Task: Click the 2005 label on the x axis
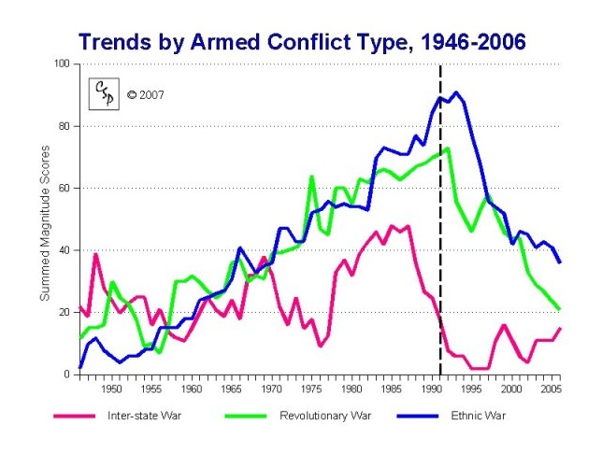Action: [551, 387]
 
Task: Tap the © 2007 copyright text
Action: [145, 94]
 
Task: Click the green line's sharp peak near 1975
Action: [311, 177]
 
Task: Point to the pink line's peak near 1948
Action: [95, 254]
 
